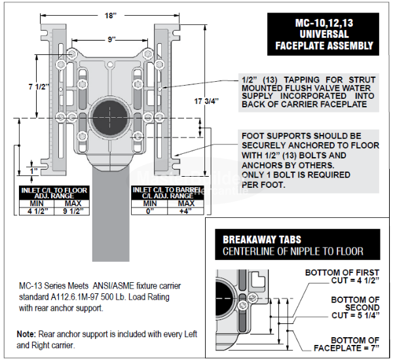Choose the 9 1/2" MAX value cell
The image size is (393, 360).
(72, 211)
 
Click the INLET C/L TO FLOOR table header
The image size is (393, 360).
(54, 192)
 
